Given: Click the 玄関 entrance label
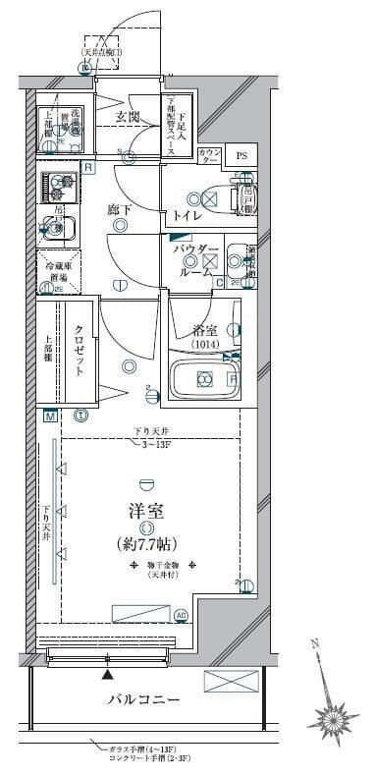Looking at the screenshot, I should pyautogui.click(x=128, y=117).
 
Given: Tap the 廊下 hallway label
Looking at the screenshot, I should pyautogui.click(x=120, y=207).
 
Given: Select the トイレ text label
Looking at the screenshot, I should pyautogui.click(x=187, y=215).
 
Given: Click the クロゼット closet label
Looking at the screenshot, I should pyautogui.click(x=79, y=351).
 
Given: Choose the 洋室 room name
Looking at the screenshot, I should pyautogui.click(x=147, y=513).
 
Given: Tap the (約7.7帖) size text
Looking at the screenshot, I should pyautogui.click(x=147, y=543).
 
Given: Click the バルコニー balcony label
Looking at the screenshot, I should pyautogui.click(x=143, y=700).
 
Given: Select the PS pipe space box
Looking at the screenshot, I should pyautogui.click(x=239, y=156).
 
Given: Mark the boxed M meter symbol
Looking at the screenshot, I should pyautogui.click(x=47, y=416).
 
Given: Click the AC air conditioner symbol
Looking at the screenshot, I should pyautogui.click(x=180, y=615).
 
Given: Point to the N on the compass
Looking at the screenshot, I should pyautogui.click(x=313, y=644).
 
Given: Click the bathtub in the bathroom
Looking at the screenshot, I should pyautogui.click(x=205, y=379).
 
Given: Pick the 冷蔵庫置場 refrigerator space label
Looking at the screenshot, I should pyautogui.click(x=51, y=270).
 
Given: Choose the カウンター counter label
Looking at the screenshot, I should pyautogui.click(x=208, y=156).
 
